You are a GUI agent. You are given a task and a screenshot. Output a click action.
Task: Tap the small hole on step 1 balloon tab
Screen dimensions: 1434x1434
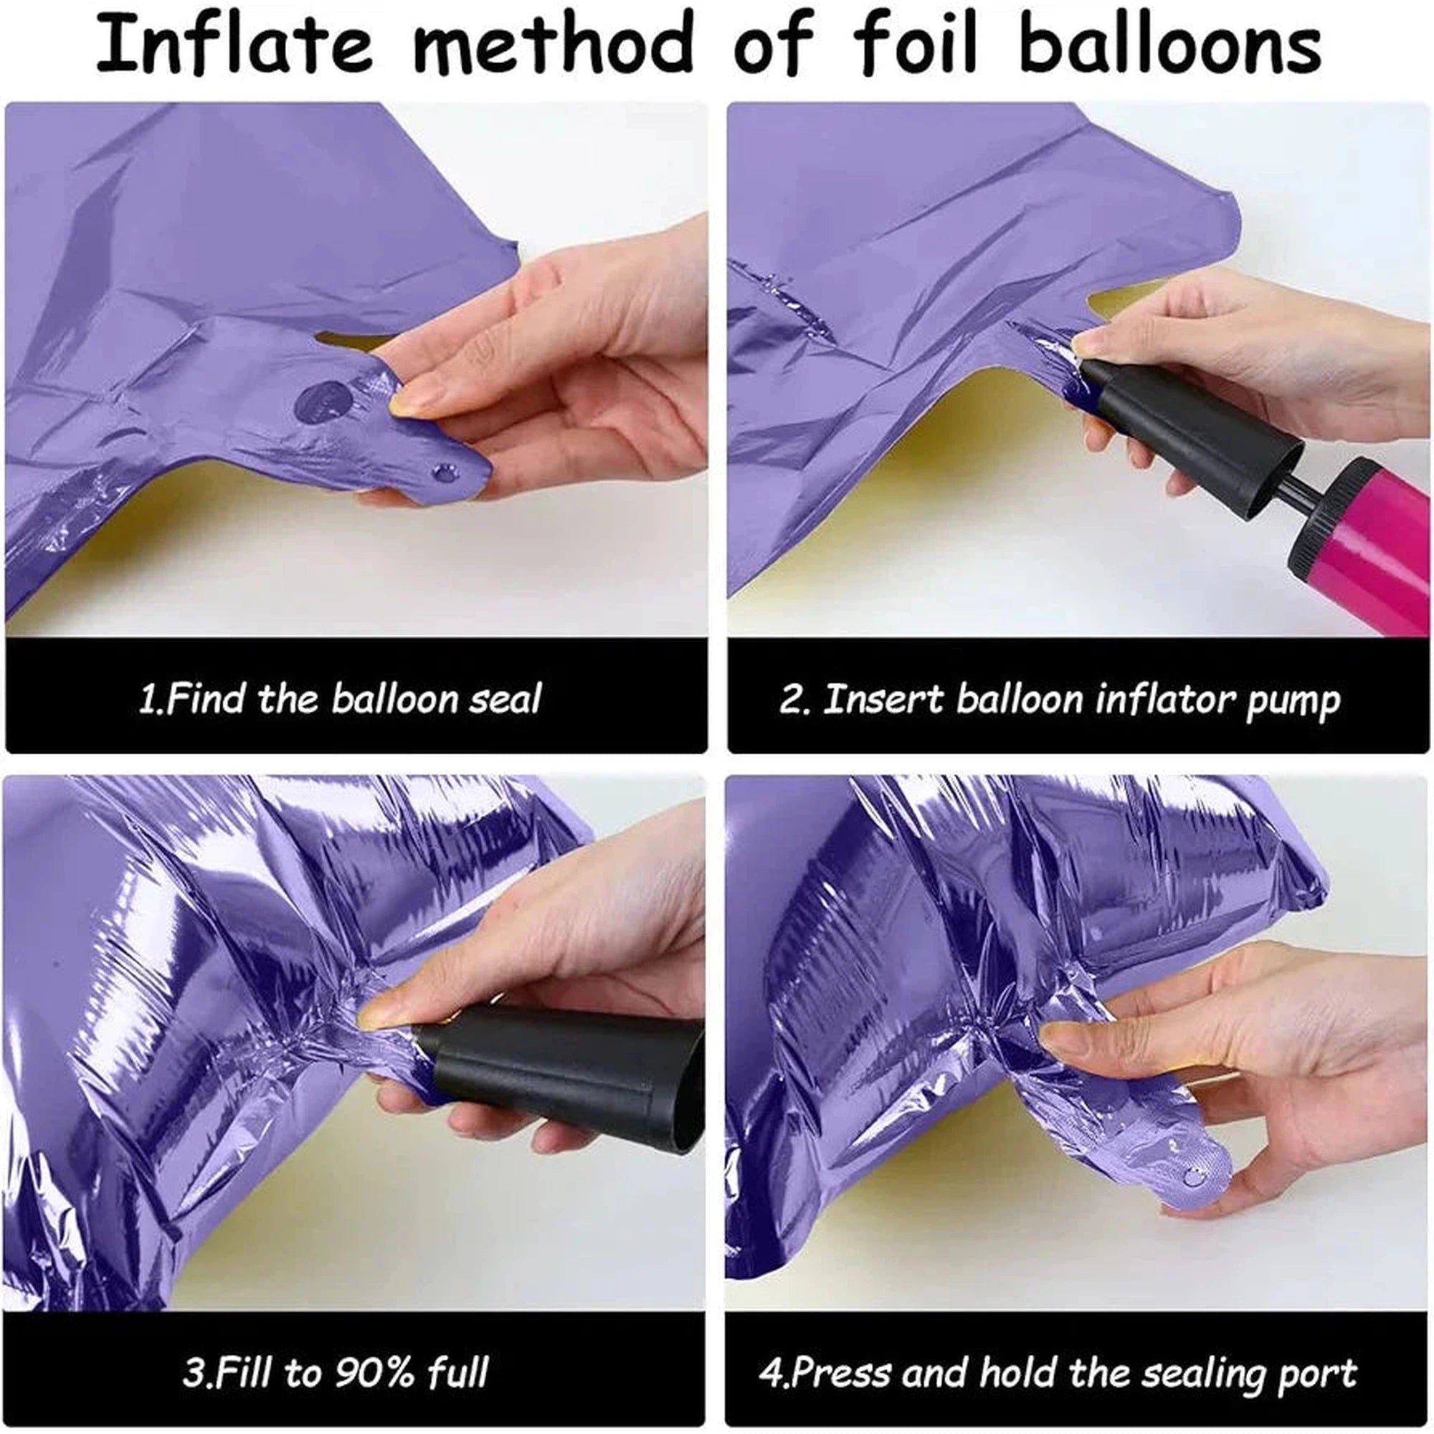445,471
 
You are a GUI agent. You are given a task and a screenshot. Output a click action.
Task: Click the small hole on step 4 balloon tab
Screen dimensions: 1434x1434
1193,1177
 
